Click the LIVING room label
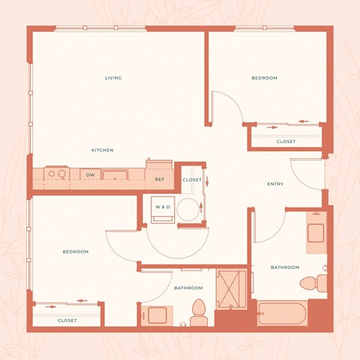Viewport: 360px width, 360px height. click(113, 78)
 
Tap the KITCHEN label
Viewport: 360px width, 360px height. click(103, 150)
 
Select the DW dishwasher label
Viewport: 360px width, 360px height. click(90, 175)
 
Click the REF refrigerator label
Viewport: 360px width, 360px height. click(160, 180)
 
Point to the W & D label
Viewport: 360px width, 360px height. click(163, 206)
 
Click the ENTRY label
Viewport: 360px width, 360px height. click(275, 184)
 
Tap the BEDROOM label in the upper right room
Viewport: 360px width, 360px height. click(264, 78)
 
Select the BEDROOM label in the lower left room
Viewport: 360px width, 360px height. click(75, 251)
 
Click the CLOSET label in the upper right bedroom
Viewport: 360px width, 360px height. click(286, 142)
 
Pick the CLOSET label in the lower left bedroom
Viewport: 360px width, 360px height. click(67, 320)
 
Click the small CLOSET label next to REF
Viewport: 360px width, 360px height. click(192, 180)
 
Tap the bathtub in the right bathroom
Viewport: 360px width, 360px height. click(282, 313)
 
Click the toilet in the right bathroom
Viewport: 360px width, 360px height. click(311, 283)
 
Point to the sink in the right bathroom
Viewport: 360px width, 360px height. click(316, 232)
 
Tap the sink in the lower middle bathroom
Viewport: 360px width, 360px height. click(157, 315)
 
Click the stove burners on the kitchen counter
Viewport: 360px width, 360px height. click(55, 175)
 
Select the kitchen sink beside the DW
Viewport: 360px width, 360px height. click(114, 175)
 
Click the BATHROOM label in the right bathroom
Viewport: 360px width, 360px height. click(285, 267)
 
